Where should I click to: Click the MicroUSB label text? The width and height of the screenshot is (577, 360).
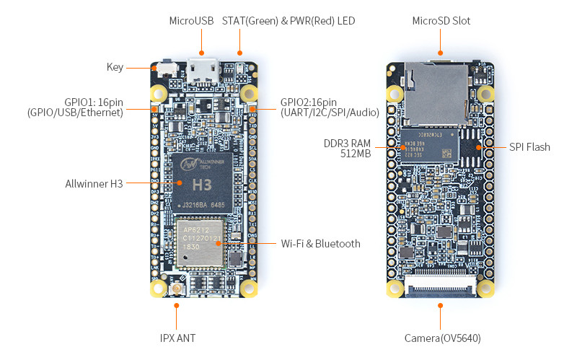191,21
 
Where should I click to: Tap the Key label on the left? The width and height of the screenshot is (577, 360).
115,67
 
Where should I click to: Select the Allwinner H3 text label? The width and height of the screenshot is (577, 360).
94,183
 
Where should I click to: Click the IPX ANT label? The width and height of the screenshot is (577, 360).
177,338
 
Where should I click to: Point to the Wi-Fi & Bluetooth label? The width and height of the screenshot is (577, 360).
320,244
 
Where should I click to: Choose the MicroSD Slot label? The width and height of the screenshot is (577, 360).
441,21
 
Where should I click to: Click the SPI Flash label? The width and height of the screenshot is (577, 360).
529,147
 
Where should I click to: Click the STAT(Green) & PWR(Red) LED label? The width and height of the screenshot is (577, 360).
288,21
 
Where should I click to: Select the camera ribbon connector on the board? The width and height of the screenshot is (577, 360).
441,291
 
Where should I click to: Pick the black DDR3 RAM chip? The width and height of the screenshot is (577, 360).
430,144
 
